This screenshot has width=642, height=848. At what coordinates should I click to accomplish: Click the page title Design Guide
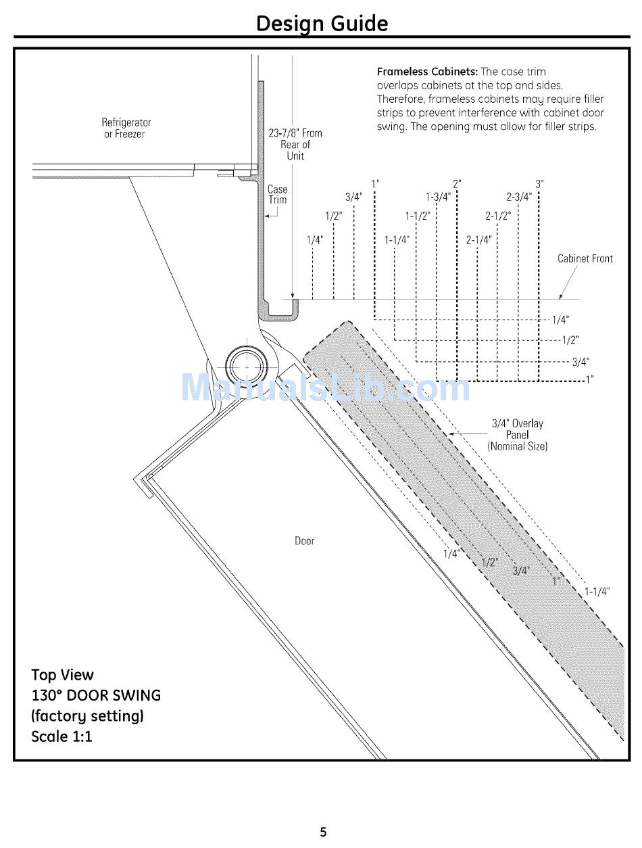[322, 24]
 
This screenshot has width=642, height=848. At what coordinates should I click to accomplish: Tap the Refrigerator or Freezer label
[126, 128]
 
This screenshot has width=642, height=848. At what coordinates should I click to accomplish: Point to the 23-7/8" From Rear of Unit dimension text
[295, 144]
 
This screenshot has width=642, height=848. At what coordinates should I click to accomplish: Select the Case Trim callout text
[277, 195]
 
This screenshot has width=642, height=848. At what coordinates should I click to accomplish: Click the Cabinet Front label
[585, 258]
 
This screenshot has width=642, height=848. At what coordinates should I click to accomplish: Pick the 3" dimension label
[539, 184]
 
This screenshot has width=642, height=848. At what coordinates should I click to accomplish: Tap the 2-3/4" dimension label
[518, 197]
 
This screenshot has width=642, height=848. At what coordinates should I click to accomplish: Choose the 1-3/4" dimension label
[437, 197]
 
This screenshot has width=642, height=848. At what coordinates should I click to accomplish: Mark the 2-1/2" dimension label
[497, 216]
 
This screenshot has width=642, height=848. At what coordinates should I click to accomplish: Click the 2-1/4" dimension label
[478, 240]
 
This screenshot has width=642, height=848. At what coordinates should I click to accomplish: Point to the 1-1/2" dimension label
[417, 216]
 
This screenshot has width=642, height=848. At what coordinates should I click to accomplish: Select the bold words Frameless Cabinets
[427, 72]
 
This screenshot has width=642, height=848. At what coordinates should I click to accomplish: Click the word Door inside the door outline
[304, 541]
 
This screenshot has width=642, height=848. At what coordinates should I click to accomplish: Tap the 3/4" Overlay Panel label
[517, 435]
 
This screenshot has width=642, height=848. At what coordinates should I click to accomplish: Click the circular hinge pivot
[247, 367]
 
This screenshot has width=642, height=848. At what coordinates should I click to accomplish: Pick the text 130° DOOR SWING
[96, 695]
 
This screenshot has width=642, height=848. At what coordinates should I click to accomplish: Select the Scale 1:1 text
[61, 736]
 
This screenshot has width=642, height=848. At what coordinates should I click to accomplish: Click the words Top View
[62, 675]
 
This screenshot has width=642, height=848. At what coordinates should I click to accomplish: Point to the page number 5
[323, 832]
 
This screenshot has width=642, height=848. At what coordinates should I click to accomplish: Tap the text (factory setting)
[87, 715]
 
